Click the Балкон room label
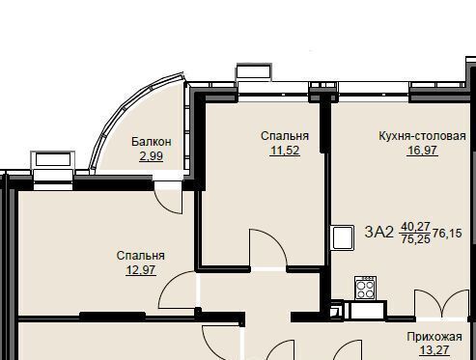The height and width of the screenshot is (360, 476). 152,142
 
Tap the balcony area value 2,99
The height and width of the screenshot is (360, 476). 152,156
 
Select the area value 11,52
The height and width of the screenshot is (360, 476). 285,151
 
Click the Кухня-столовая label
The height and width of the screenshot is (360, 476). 422,136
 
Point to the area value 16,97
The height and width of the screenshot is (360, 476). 422,151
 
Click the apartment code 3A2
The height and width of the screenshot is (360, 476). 379,232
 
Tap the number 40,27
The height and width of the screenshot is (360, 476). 415,227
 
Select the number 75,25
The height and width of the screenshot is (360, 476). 415,239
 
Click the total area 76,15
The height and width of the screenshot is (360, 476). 447,233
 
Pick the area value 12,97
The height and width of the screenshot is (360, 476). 141,270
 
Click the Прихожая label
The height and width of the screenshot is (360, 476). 434,337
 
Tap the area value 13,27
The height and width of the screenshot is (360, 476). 434,350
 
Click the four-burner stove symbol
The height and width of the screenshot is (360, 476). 366,288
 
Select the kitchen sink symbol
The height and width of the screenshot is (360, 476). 343,237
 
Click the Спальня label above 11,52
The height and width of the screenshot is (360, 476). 285,136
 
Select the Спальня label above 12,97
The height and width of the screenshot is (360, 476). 141,256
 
